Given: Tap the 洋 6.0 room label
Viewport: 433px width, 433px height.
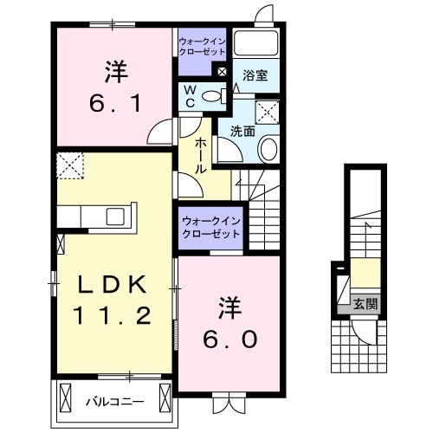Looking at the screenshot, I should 229,322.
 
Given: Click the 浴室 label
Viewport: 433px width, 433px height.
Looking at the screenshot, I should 255,75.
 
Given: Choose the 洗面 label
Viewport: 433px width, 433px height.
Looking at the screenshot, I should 242,132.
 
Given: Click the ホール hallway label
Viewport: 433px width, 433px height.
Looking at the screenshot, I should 200,155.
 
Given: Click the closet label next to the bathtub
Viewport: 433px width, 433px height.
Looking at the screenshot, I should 203,46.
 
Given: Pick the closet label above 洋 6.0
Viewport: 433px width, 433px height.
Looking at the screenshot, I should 210,227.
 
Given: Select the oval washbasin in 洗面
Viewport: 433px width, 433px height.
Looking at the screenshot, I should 268,149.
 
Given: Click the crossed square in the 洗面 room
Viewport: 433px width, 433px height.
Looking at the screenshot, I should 266,111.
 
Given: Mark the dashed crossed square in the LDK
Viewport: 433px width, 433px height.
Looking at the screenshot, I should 69,162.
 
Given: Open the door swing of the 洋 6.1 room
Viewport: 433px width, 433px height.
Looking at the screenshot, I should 160,133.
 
